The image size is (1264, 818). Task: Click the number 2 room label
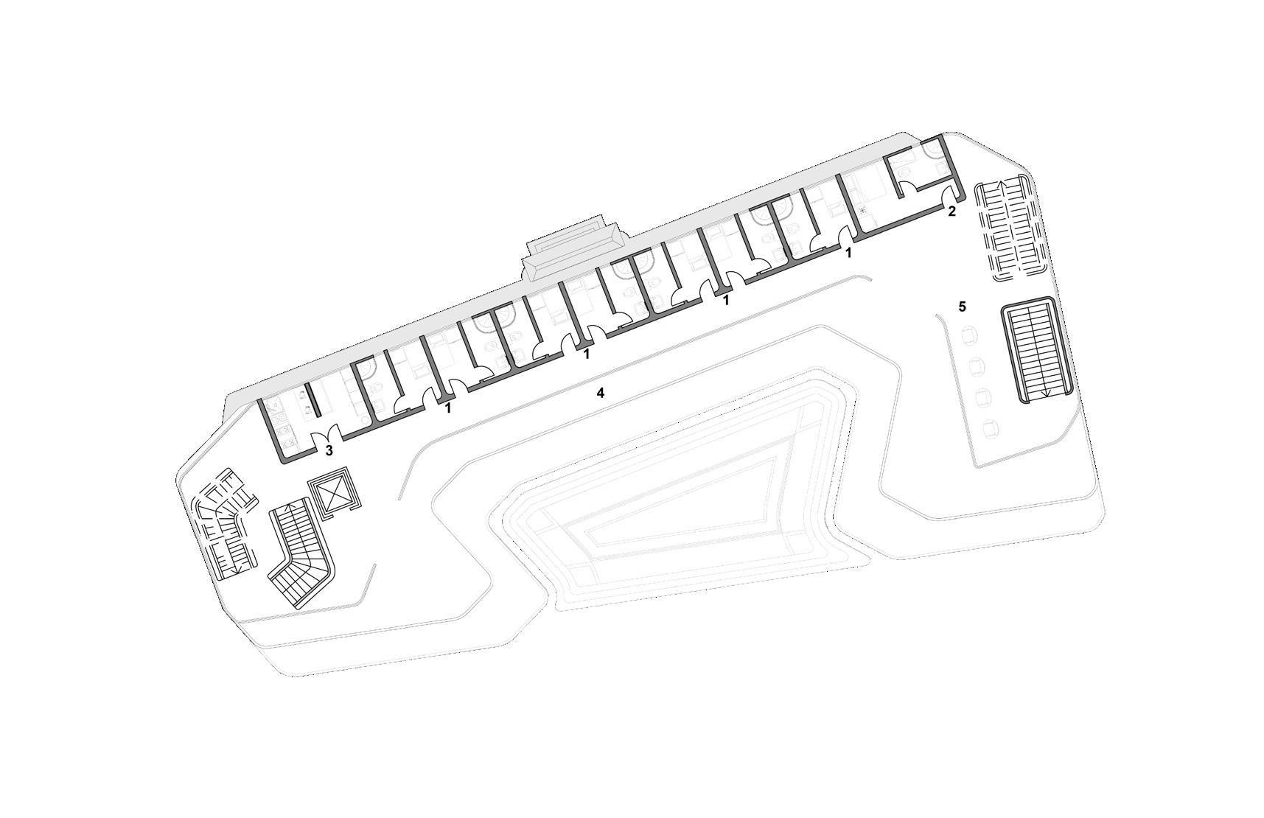(x=952, y=212)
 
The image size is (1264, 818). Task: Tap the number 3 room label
(x=329, y=450)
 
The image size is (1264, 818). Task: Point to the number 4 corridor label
(x=601, y=394)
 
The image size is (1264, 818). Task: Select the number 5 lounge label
(x=962, y=306)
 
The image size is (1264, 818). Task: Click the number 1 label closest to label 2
(x=848, y=253)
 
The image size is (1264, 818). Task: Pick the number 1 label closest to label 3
(x=447, y=407)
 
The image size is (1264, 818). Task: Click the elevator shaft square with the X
(x=332, y=490)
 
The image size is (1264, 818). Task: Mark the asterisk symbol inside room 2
(x=862, y=210)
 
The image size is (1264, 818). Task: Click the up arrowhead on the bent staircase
(x=300, y=505)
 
